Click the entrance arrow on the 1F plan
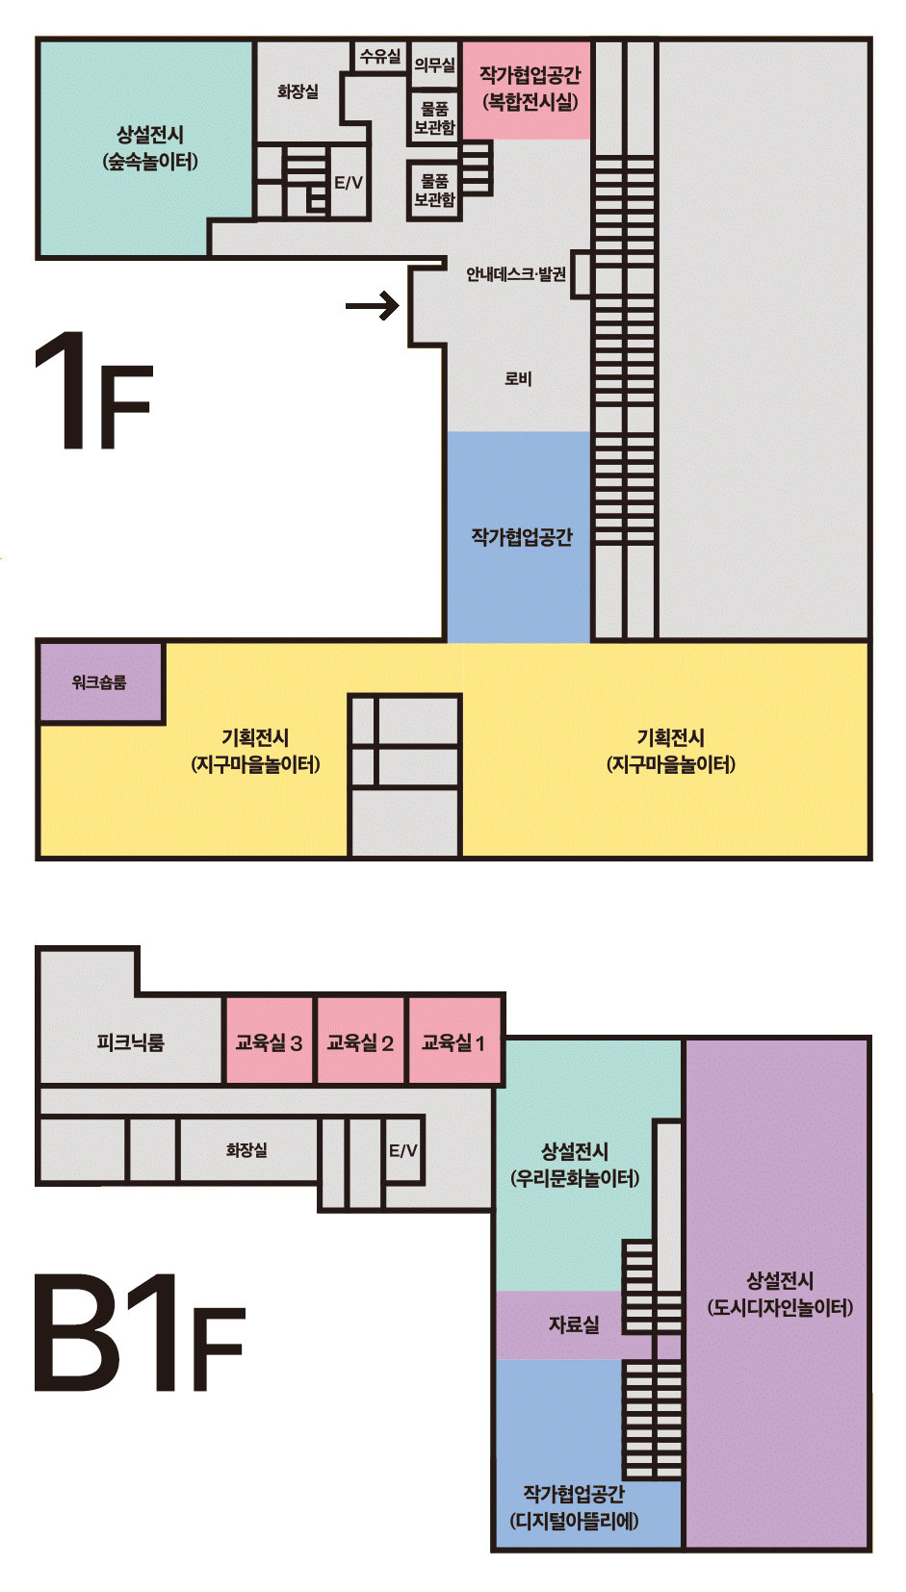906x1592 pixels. pyautogui.click(x=372, y=306)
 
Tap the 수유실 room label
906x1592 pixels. pyautogui.click(x=379, y=56)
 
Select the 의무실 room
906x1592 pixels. pyautogui.click(x=434, y=64)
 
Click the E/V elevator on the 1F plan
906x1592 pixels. pyautogui.click(x=349, y=182)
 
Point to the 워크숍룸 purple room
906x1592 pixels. pyautogui.click(x=101, y=682)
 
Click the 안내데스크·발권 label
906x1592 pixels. pyautogui.click(x=515, y=273)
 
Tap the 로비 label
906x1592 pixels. pyautogui.click(x=518, y=379)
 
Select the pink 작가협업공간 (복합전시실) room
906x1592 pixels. pyautogui.click(x=527, y=90)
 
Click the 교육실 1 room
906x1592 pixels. pyautogui.click(x=454, y=1041)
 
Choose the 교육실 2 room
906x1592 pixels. pyautogui.click(x=360, y=1041)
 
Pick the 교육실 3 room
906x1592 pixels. pyautogui.click(x=269, y=1041)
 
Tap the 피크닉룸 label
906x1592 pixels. pyautogui.click(x=131, y=1042)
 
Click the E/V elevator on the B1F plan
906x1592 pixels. pyautogui.click(x=403, y=1150)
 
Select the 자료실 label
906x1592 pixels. pyautogui.click(x=574, y=1324)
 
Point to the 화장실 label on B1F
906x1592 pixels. pyautogui.click(x=246, y=1150)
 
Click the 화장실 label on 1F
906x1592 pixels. pyautogui.click(x=298, y=91)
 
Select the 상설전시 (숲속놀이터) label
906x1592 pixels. pyautogui.click(x=150, y=148)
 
